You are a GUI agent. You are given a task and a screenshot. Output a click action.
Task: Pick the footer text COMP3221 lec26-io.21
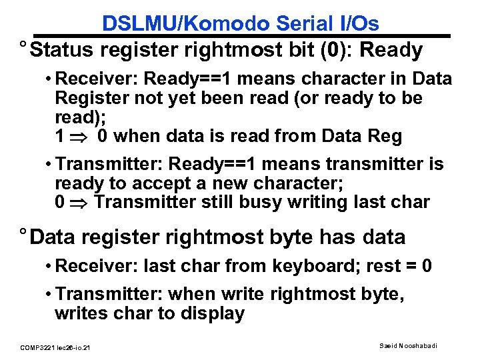(56, 347)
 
